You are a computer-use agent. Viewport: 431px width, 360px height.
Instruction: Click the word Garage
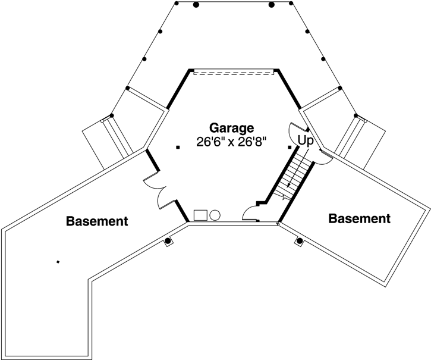(x=232, y=127)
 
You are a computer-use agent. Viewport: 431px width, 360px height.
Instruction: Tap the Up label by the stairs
(x=305, y=141)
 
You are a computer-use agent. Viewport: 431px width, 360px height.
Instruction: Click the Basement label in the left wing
(x=97, y=221)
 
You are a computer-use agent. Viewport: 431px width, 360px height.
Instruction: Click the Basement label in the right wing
(x=360, y=218)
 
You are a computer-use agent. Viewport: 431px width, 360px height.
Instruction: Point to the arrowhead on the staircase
(x=288, y=186)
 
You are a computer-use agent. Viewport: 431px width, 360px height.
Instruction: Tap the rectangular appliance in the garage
(x=200, y=214)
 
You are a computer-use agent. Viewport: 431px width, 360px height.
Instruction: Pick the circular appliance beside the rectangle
(x=215, y=214)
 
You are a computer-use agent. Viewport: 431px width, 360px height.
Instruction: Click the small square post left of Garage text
(x=177, y=147)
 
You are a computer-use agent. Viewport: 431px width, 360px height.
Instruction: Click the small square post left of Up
(x=290, y=146)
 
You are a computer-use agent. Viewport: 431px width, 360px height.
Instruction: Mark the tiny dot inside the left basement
(x=58, y=261)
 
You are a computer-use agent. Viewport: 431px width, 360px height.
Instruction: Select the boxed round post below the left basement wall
(x=168, y=242)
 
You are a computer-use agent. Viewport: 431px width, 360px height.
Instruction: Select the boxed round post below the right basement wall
(x=300, y=241)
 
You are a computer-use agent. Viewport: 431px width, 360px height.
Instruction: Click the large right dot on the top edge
(x=272, y=5)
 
